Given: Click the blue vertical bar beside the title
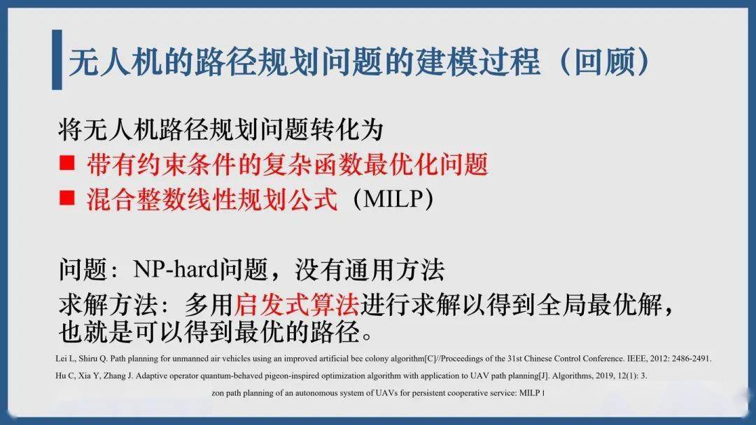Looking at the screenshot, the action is click(57, 59).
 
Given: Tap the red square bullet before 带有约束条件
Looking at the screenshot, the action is click(67, 163).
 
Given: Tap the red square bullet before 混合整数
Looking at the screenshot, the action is click(67, 198).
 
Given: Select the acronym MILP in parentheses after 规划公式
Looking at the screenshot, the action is click(393, 199).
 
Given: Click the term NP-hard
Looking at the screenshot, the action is click(176, 269).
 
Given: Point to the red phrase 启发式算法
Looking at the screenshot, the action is click(297, 304).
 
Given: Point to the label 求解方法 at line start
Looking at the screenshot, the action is click(108, 304).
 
